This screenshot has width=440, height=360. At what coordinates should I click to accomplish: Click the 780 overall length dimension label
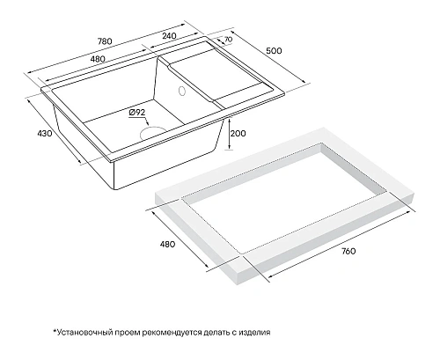click(105, 41)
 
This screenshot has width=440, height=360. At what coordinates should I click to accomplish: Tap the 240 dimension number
click(169, 35)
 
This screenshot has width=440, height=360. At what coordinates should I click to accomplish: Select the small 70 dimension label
click(228, 39)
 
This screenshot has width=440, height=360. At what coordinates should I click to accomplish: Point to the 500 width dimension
click(274, 51)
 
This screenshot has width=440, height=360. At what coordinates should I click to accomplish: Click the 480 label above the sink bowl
click(98, 59)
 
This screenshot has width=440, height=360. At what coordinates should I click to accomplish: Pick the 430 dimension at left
click(45, 133)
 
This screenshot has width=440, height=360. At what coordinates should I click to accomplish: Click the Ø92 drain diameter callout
click(137, 112)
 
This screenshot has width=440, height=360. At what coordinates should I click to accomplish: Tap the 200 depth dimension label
click(238, 134)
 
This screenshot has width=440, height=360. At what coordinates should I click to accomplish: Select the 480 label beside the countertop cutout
click(167, 244)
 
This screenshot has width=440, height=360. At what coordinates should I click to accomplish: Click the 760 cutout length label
click(348, 251)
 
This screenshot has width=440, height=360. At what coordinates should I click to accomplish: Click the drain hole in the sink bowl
click(153, 133)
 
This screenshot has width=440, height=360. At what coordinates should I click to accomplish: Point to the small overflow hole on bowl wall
click(182, 91)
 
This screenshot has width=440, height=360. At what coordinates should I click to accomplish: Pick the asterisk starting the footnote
click(55, 331)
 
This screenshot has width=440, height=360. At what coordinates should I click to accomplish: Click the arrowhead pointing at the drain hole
click(148, 124)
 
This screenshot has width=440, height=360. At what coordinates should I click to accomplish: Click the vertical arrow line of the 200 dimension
click(230, 133)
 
